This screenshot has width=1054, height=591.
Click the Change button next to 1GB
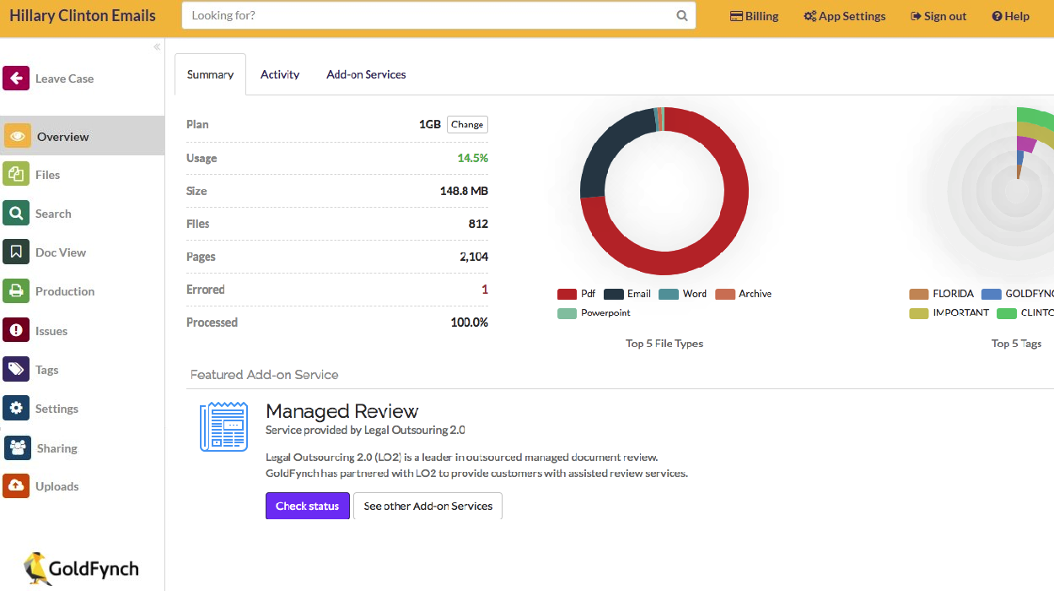tap(467, 124)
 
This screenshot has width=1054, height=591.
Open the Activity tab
tap(280, 74)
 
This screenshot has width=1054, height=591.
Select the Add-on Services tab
tap(366, 74)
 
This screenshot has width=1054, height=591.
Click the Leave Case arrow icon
tap(16, 79)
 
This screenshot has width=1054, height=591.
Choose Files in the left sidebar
tap(47, 175)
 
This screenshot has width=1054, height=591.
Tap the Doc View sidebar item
tap(60, 252)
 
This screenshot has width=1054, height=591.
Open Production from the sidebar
tap(64, 291)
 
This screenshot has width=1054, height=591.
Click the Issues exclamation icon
tap(16, 331)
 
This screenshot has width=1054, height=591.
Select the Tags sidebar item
tap(46, 370)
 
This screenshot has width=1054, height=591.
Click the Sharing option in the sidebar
tap(56, 448)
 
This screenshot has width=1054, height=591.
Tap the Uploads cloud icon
tap(16, 486)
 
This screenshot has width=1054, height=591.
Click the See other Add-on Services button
tap(428, 506)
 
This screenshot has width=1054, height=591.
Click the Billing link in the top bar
tap(754, 16)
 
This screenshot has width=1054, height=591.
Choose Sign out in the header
tap(938, 16)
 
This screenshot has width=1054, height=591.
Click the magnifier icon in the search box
tap(682, 16)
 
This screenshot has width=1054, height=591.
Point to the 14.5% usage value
tap(472, 158)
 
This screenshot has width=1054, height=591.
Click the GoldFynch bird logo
tap(38, 568)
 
